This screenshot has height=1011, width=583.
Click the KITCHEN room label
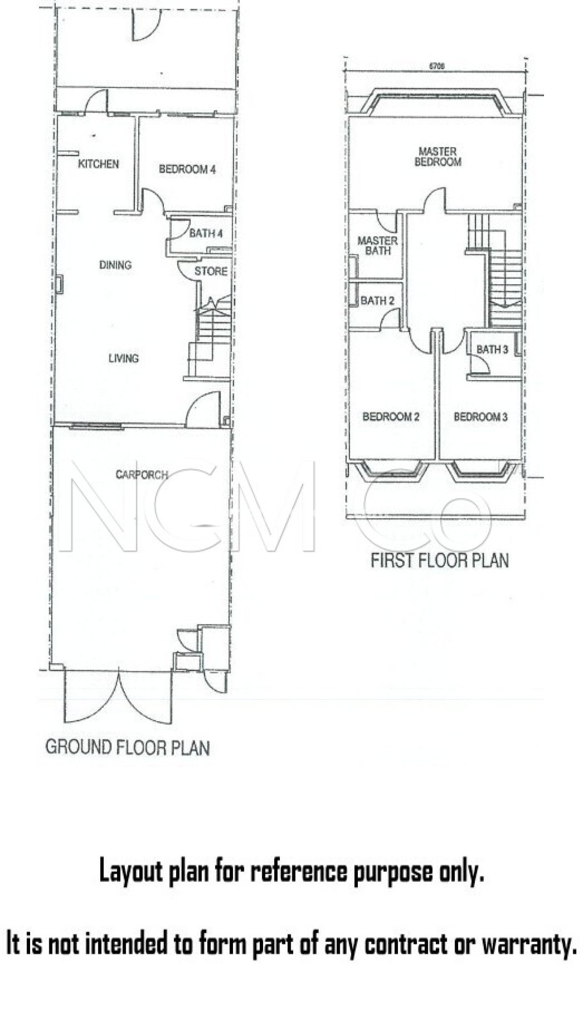(x=98, y=164)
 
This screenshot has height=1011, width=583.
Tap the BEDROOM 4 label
(x=187, y=169)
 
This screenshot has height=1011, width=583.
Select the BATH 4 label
(x=206, y=233)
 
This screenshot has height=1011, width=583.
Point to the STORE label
(x=211, y=271)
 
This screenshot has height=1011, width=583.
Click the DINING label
(x=116, y=265)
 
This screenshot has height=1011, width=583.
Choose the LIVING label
(x=123, y=358)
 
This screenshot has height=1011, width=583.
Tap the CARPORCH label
(x=142, y=474)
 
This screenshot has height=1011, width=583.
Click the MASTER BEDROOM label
(x=438, y=156)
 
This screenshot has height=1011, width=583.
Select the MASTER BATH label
(x=378, y=245)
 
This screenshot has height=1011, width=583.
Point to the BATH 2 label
(x=378, y=301)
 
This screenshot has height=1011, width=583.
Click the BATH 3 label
(x=492, y=350)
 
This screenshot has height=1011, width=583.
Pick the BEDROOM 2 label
(x=391, y=417)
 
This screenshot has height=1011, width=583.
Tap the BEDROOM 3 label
(x=480, y=417)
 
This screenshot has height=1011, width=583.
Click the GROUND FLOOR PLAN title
(x=127, y=747)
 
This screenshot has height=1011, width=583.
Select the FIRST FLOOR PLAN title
(x=439, y=561)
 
